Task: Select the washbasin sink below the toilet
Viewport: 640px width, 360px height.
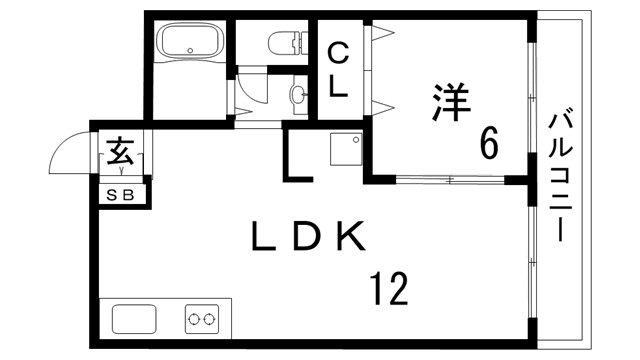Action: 298,96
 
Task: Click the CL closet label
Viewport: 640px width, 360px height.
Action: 339,68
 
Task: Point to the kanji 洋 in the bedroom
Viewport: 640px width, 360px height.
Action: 452,105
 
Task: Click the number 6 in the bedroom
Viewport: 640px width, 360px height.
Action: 489,143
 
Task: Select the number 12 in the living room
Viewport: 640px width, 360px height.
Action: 389,290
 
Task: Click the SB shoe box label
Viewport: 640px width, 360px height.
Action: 123,193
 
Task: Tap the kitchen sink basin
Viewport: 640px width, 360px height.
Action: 134,320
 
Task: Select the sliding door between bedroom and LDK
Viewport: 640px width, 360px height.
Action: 448,179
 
